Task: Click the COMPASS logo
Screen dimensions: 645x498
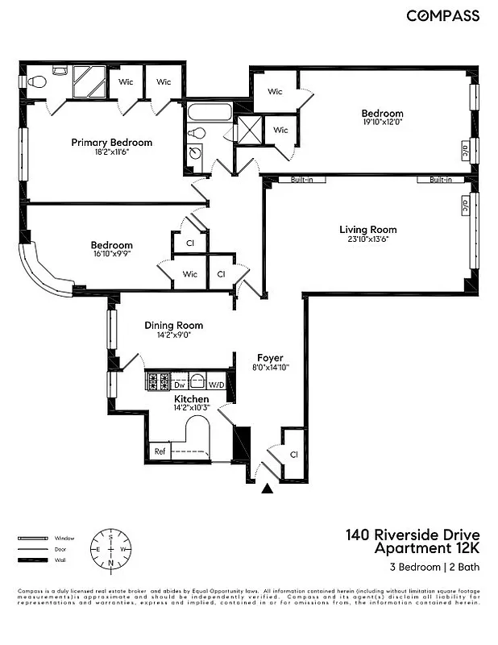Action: tap(442, 15)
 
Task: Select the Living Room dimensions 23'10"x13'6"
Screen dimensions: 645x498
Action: tap(367, 239)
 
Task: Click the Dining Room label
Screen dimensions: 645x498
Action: tap(173, 326)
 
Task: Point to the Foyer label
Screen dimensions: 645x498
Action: tap(270, 357)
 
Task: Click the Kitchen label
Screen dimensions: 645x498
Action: tap(192, 399)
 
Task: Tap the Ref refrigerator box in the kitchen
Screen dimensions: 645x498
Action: tap(160, 451)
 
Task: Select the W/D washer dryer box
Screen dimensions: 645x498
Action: tap(216, 385)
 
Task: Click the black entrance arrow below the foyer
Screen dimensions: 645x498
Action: tap(268, 488)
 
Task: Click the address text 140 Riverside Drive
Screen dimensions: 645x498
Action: tap(413, 535)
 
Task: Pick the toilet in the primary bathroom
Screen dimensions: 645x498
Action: tap(34, 82)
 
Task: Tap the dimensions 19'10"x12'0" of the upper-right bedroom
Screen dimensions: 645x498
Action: tap(381, 123)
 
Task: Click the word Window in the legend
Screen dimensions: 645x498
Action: tap(64, 538)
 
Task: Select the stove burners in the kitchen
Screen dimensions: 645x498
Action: tap(158, 382)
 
